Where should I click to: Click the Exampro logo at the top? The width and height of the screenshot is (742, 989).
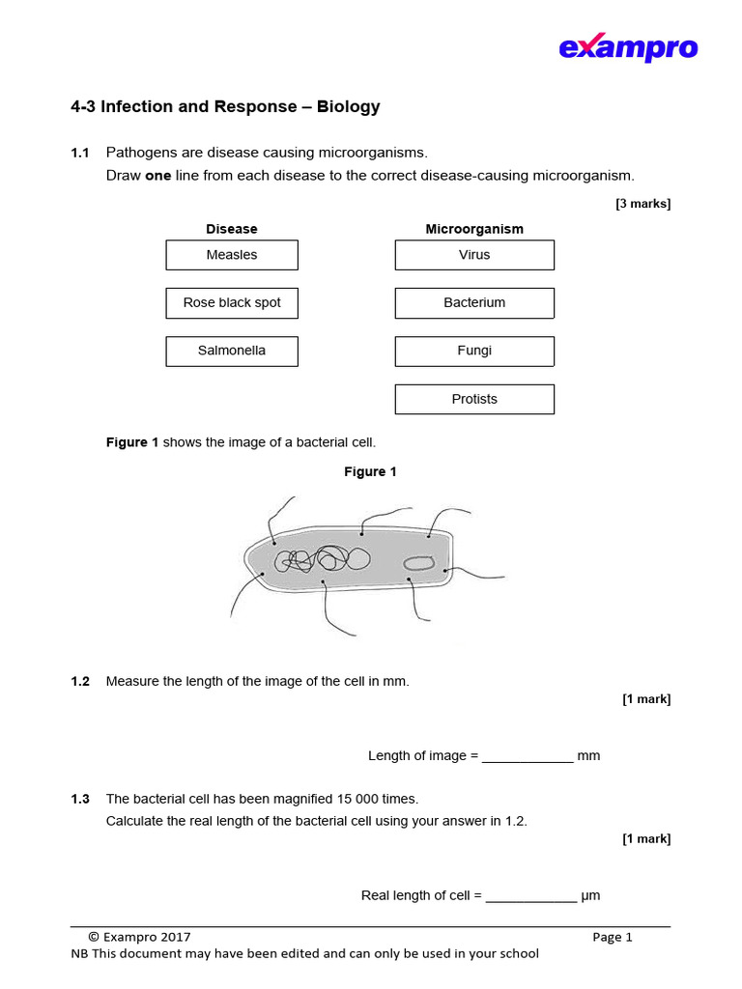point(628,47)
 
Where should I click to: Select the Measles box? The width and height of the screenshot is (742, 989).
point(232,255)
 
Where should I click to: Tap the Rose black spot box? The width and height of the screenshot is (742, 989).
point(232,303)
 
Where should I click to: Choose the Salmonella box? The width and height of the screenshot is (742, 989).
point(232,352)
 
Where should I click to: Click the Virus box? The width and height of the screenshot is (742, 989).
point(474,255)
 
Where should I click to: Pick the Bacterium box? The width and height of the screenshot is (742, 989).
point(474,303)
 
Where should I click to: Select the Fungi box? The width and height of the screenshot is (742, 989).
point(474,352)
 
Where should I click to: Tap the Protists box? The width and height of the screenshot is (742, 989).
point(474,399)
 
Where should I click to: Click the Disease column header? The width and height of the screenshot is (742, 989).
point(232,229)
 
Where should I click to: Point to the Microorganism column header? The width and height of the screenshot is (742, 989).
point(474,229)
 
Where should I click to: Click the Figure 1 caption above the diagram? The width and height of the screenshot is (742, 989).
point(371,472)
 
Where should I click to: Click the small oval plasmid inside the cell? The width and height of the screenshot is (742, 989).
point(418,563)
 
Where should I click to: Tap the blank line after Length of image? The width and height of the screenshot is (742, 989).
point(528,756)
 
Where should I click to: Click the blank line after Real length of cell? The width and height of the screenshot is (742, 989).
point(530,896)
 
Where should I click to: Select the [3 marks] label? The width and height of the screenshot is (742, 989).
point(642,204)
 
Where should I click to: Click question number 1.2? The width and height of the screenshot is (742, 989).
point(80,682)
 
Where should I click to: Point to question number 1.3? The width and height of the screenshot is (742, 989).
point(80,800)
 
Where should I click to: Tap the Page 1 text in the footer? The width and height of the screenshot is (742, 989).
point(613,937)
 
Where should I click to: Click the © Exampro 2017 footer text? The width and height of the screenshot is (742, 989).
point(139,937)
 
